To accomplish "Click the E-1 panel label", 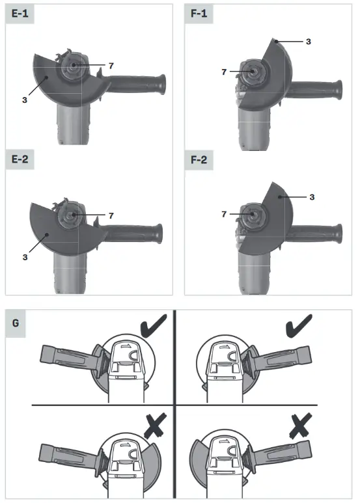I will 19,14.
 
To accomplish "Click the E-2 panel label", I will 19,159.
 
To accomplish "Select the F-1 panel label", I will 199,14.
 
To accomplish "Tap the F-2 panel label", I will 199,159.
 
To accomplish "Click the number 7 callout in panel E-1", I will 111,66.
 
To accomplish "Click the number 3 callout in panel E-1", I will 24,100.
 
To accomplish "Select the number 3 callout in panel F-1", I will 308,41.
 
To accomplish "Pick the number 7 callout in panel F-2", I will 223,213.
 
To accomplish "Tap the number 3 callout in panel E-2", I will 24,258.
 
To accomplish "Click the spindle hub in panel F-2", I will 247,213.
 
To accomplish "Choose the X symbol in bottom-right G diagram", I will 301,428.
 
